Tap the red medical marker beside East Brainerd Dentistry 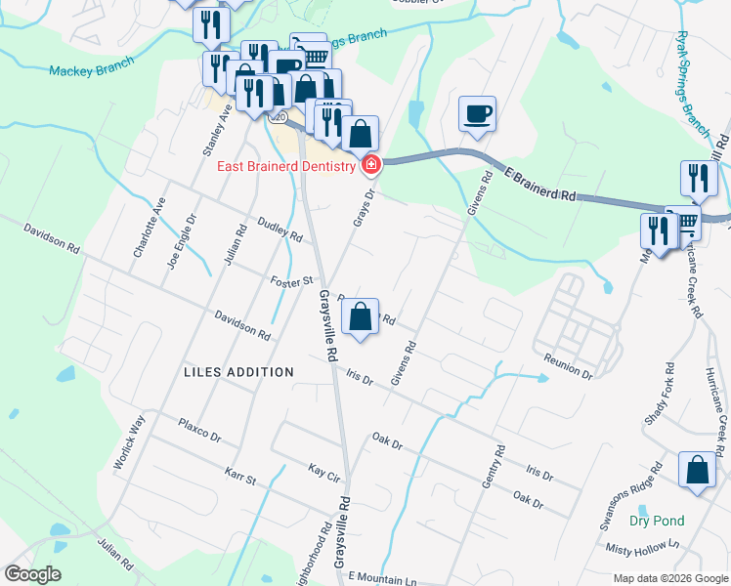coord(370,165)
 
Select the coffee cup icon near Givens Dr coord(477,114)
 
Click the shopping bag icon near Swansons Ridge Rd coord(698,470)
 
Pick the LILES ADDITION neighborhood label coord(238,372)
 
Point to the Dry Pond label coord(657,521)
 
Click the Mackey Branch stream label coord(90,70)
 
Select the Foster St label coord(290,281)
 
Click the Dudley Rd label coord(280,230)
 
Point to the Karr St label coord(239,478)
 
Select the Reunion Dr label coord(570,367)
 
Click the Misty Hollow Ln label coord(641,552)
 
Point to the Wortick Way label coord(128,442)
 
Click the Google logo coord(32,574)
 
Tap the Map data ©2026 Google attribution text coord(670,578)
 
